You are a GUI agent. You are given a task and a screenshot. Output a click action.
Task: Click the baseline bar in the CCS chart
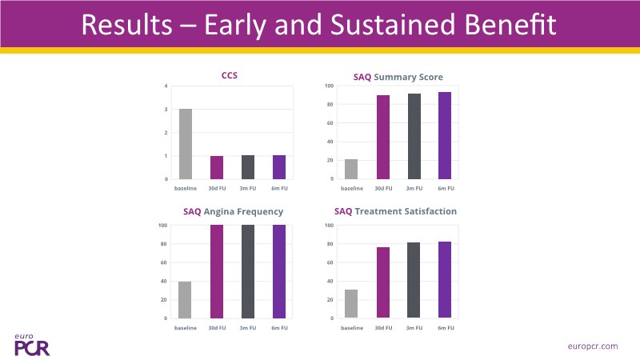click(185, 144)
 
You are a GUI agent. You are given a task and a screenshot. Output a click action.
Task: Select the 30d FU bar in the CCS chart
click(217, 167)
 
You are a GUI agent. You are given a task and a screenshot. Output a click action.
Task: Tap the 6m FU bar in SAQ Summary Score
click(444, 135)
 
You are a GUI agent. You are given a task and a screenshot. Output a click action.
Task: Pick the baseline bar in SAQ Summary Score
click(351, 169)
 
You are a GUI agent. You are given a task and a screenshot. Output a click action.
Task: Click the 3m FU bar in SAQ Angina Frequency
click(248, 272)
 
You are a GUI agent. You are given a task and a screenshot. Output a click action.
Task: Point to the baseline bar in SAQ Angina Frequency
click(185, 300)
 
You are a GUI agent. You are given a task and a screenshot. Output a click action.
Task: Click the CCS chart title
click(230, 77)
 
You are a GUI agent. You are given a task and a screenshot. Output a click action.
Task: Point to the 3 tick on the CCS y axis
click(166, 110)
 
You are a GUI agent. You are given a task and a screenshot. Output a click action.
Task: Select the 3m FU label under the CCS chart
click(248, 189)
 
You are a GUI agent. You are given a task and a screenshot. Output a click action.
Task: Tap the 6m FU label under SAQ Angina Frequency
click(279, 328)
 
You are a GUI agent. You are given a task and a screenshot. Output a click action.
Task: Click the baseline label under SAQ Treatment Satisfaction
click(351, 328)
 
